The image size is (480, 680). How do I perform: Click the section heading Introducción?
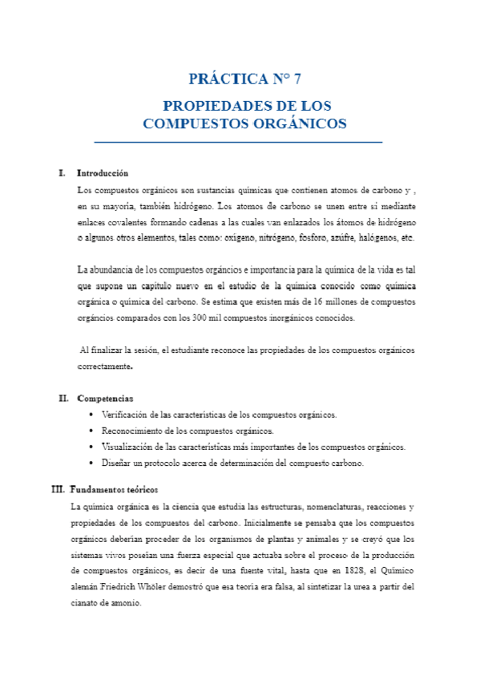pos(103,173)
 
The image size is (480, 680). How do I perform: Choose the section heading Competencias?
pos(105,399)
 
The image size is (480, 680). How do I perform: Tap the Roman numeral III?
pos(58,489)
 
